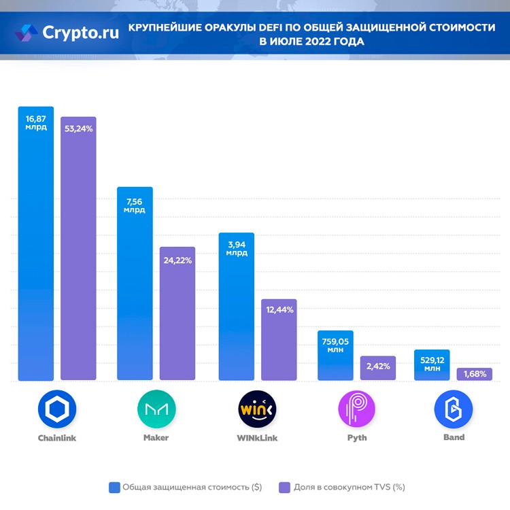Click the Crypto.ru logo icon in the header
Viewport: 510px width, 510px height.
pos(27,33)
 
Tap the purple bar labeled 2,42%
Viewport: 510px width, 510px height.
pos(378,368)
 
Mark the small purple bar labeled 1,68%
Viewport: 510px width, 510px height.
pos(474,374)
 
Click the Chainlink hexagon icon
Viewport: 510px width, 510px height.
pos(57,408)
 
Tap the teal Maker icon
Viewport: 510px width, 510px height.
pos(156,408)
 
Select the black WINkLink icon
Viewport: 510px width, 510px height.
pos(257,408)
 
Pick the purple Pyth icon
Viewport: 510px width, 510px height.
pos(357,408)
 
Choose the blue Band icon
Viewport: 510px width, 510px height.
pos(454,408)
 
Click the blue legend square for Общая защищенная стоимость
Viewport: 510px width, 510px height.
pos(114,487)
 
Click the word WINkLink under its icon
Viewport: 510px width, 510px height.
pos(257,438)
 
